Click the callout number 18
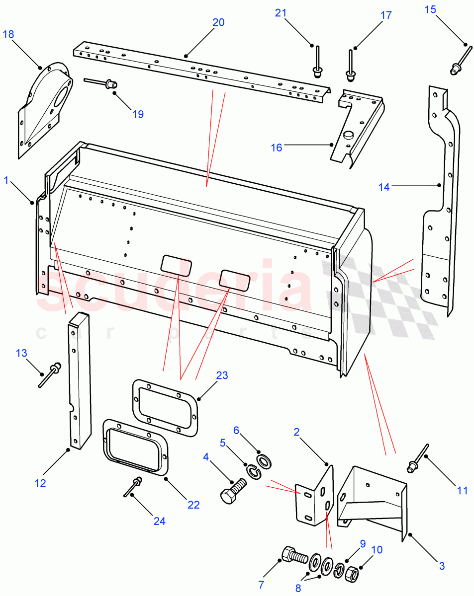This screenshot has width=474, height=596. tap(9, 34)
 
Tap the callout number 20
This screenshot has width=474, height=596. tap(218, 22)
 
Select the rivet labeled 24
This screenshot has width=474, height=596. tap(133, 487)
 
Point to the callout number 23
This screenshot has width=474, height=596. tap(222, 375)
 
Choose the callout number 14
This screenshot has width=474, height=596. tap(384, 187)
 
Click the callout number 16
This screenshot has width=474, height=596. tap(277, 148)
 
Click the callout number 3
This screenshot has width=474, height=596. tap(442, 566)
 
